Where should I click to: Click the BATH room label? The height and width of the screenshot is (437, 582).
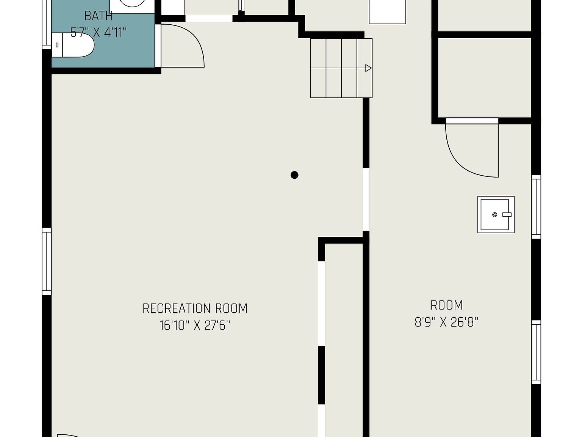click(99, 16)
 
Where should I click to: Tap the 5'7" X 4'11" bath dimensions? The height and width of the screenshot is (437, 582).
click(99, 33)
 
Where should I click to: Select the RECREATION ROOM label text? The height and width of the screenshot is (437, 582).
click(195, 308)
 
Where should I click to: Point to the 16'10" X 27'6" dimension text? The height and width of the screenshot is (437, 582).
click(195, 325)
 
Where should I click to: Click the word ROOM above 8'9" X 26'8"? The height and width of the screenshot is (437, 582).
click(446, 305)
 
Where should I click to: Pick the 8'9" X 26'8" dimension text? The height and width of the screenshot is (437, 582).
click(446, 322)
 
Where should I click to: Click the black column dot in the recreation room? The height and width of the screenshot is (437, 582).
click(294, 175)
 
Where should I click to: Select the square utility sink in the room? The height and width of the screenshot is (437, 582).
click(496, 215)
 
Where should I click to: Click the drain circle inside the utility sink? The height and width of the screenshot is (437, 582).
click(494, 215)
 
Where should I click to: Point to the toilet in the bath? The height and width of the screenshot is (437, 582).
click(73, 45)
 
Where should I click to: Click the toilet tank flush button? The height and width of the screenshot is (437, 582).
click(57, 45)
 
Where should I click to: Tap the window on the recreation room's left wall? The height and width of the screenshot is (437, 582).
click(47, 261)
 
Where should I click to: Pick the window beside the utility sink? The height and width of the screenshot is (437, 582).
click(536, 207)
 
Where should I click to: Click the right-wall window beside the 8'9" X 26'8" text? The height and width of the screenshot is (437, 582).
click(536, 352)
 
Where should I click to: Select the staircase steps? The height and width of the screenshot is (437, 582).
click(341, 68)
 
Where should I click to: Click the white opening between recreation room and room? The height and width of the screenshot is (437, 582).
click(366, 199)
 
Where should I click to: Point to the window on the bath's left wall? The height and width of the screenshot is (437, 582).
click(47, 24)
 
